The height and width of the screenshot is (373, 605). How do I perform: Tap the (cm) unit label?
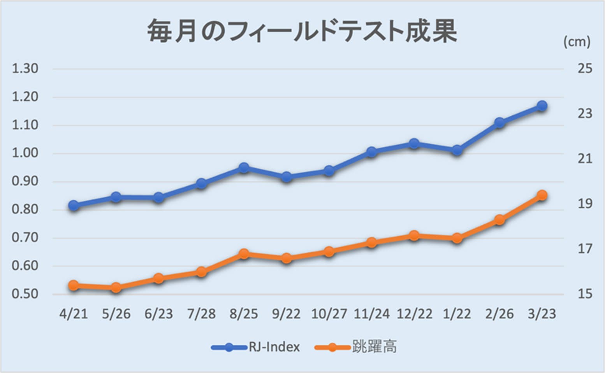[x=577, y=42]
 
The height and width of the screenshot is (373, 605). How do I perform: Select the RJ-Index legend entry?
[x=256, y=347]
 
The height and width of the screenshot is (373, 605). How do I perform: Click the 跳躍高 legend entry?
[x=356, y=347]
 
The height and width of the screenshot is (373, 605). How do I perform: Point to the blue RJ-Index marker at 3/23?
[x=542, y=106]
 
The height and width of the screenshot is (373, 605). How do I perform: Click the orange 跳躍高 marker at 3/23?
[x=542, y=195]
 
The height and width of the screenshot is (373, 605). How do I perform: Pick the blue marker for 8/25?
[x=244, y=168]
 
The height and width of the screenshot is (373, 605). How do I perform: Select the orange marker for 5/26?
[x=116, y=288]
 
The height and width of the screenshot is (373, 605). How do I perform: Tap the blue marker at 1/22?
[x=457, y=150]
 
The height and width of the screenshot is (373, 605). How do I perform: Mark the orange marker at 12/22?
[x=414, y=236]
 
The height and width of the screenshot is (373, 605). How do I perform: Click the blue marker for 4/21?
[x=74, y=205]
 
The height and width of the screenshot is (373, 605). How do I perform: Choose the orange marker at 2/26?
[x=499, y=220]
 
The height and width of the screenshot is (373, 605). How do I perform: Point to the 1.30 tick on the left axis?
[x=25, y=69]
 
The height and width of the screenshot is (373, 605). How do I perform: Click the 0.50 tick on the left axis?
[x=25, y=294]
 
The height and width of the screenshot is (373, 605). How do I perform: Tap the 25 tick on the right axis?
[x=585, y=69]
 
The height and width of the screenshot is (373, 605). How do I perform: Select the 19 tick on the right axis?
[x=585, y=204]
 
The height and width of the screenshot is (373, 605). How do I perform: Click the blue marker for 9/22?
[x=287, y=177]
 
